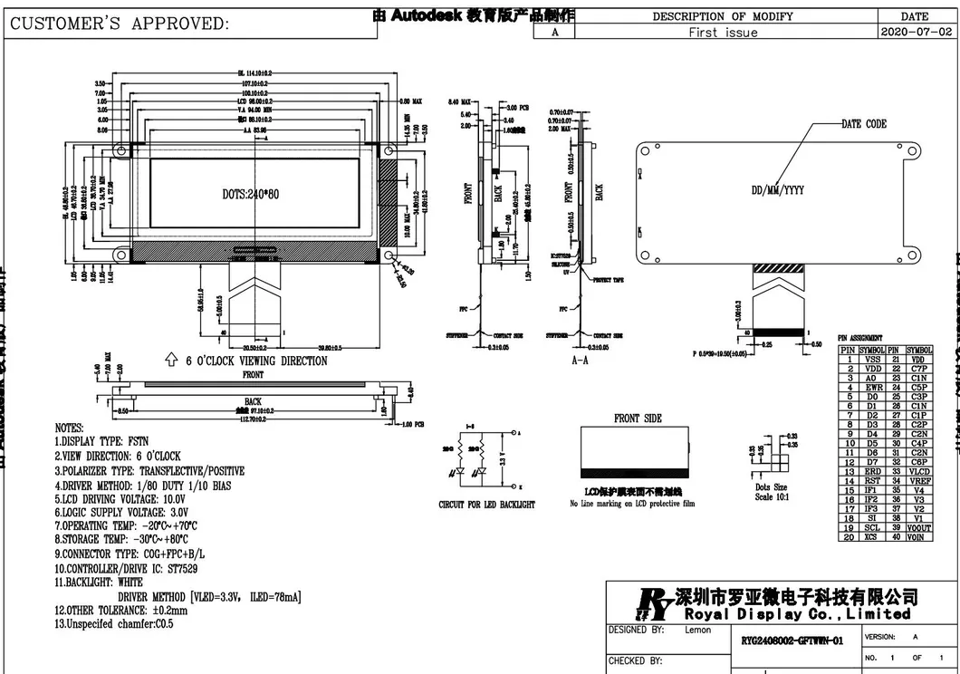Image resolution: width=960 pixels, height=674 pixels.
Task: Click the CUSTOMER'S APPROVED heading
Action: [x=119, y=24]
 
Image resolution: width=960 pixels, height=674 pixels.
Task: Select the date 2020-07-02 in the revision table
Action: [x=915, y=32]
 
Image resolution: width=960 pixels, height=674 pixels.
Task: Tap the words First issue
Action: [x=723, y=32]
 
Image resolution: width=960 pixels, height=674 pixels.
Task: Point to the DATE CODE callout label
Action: [x=864, y=124]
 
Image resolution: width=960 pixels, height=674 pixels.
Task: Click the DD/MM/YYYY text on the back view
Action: [x=777, y=190]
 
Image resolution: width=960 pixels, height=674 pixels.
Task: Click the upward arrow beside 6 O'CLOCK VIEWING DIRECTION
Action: [x=170, y=361]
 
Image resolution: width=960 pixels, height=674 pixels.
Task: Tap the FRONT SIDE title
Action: [x=638, y=418]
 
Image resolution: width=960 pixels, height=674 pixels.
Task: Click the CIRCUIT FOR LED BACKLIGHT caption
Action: [x=486, y=504]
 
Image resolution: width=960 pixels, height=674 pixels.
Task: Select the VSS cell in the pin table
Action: [x=872, y=359]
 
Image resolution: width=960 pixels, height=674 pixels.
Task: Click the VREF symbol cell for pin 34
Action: [x=919, y=481]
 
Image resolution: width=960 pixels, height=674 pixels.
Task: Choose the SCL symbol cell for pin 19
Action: [x=872, y=528]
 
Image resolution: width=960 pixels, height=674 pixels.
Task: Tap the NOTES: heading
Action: [x=69, y=428]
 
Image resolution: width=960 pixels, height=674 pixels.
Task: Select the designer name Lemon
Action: [x=697, y=630]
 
